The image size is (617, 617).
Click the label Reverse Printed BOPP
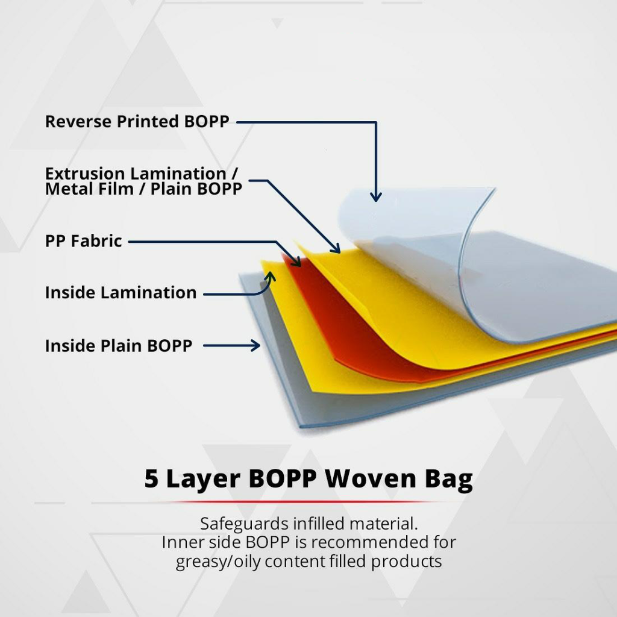pos(137,122)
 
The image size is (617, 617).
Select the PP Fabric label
pos(83,241)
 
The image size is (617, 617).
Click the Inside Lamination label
pos(121,293)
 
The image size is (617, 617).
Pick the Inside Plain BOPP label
pos(119,346)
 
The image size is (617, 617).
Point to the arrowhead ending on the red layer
pos(296,262)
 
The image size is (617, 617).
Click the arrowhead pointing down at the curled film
pos(376,196)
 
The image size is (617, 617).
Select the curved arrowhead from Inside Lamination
pos(270,277)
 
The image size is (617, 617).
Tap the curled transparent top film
pos(410,241)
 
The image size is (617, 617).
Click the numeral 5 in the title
pos(152,479)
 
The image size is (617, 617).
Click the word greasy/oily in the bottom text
pos(219,562)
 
